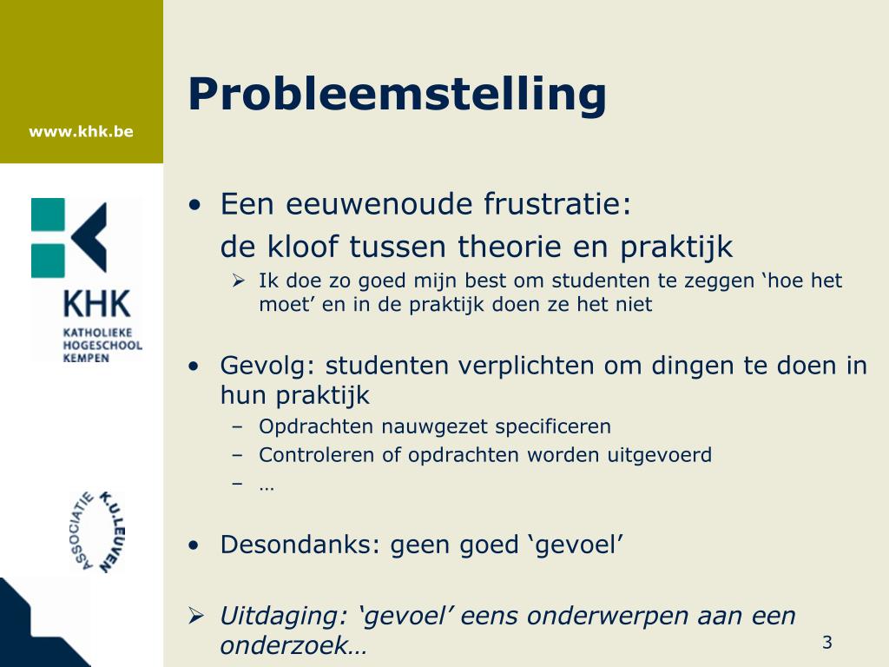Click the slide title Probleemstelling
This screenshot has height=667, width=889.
click(397, 95)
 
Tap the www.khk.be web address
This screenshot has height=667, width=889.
click(81, 132)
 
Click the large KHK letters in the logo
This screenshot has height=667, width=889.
click(96, 304)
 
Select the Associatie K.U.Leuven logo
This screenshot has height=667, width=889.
click(95, 531)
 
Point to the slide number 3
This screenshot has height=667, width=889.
click(826, 643)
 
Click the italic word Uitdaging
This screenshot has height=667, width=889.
click(283, 617)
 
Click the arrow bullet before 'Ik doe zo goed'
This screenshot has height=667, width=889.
click(239, 280)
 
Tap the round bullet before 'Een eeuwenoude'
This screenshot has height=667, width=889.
click(196, 206)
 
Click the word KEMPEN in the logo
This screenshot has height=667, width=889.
click(86, 358)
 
